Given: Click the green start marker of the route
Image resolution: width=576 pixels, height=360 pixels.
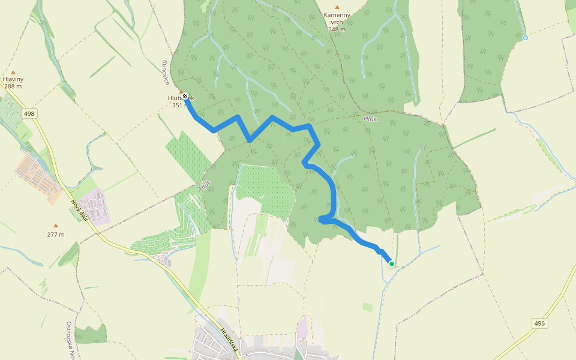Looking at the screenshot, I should point(391,263).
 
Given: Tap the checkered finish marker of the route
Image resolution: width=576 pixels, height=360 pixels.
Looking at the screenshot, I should point(185,96).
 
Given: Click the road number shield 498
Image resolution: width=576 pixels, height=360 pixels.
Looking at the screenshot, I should point(29,113).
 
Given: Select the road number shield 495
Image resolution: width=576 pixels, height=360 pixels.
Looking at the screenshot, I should point(539,323).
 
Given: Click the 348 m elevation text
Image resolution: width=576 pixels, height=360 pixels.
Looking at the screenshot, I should point(337,29).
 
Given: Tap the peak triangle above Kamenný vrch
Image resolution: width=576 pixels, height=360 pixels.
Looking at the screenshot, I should point(337,7).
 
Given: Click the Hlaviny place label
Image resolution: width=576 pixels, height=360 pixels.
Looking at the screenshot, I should point(13,79).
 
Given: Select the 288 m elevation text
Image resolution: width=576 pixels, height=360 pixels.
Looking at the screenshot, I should point(13,86).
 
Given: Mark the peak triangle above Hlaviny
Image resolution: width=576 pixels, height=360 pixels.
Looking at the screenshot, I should point(13,72).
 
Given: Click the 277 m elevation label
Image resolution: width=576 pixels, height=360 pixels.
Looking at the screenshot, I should point(56,235).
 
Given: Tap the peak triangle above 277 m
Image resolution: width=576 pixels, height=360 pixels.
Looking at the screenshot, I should point(56,226).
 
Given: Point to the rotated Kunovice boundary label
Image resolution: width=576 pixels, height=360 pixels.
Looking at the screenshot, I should point(166,72).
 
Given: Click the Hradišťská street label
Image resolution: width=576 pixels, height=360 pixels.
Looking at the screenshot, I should point(230,340).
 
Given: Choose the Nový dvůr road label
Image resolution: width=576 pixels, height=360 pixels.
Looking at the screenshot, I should point(80,210).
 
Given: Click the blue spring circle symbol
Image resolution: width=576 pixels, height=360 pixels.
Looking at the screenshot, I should point(526,38).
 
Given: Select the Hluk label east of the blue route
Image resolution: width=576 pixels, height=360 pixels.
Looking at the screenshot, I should point(370,119).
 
